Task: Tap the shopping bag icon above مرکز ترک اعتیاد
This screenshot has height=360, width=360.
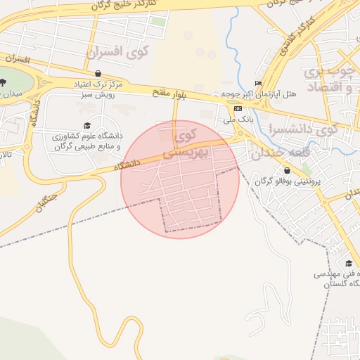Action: pyautogui.click(x=97, y=73)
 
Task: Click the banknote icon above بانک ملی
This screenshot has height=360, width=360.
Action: pyautogui.click(x=238, y=108)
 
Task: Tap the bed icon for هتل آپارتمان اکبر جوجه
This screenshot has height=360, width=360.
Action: pyautogui.click(x=258, y=83)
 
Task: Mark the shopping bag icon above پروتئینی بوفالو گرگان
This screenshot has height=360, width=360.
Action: pyautogui.click(x=287, y=170)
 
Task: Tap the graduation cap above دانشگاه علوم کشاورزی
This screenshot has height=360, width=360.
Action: pyautogui.click(x=87, y=125)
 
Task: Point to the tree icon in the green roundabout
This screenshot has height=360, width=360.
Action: pyautogui.click(x=3, y=83)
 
